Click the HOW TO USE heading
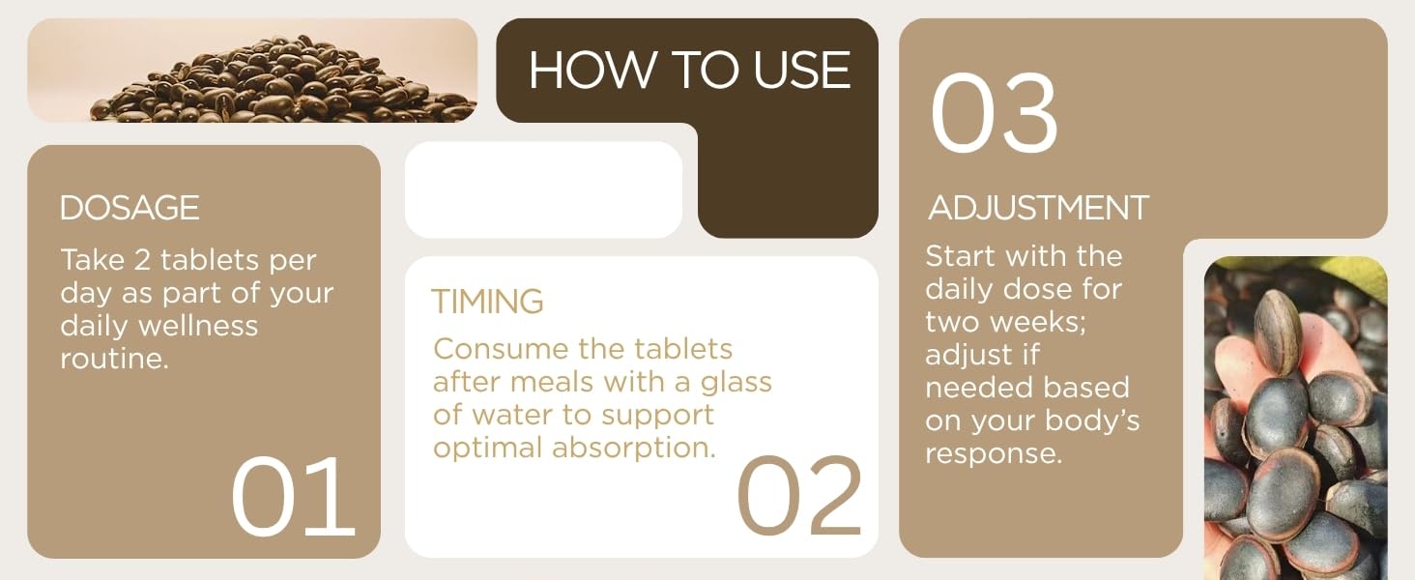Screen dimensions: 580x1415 [x=689, y=71]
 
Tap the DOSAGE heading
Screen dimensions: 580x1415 [x=130, y=208]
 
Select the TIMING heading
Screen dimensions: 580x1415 [x=487, y=302]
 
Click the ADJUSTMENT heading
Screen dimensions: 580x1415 [x=1039, y=208]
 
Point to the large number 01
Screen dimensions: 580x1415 [x=293, y=497]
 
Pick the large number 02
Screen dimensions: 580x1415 [x=799, y=497]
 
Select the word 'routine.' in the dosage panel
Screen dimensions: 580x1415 [x=115, y=359]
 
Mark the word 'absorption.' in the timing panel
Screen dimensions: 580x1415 [x=634, y=448]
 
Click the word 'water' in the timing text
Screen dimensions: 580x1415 [x=524, y=415]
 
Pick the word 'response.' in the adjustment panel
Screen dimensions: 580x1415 [x=994, y=453]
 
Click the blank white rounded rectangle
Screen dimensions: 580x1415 [x=543, y=189]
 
